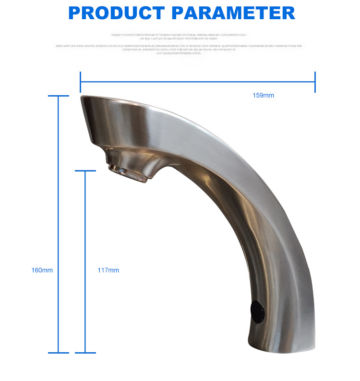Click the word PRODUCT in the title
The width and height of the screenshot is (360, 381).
tap(117, 12)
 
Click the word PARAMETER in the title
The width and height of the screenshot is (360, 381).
tap(233, 12)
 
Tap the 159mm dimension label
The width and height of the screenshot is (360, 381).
tap(263, 96)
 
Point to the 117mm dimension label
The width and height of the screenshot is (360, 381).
tap(108, 270)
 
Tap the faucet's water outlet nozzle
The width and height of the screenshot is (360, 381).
tap(128, 172)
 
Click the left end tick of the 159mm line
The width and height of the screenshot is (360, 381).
tap(81, 82)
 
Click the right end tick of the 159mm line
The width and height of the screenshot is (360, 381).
tap(315, 82)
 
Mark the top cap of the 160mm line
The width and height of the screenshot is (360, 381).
tap(59, 96)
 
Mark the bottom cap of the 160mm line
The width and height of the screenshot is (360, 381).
tap(59, 353)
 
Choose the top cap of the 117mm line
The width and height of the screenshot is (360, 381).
tap(85, 171)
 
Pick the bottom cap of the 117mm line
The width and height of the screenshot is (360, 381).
tap(85, 353)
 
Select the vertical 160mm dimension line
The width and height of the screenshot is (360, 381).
tap(59, 216)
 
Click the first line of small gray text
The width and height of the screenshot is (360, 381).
tap(180, 35)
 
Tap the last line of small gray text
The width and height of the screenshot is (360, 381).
tap(180, 53)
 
